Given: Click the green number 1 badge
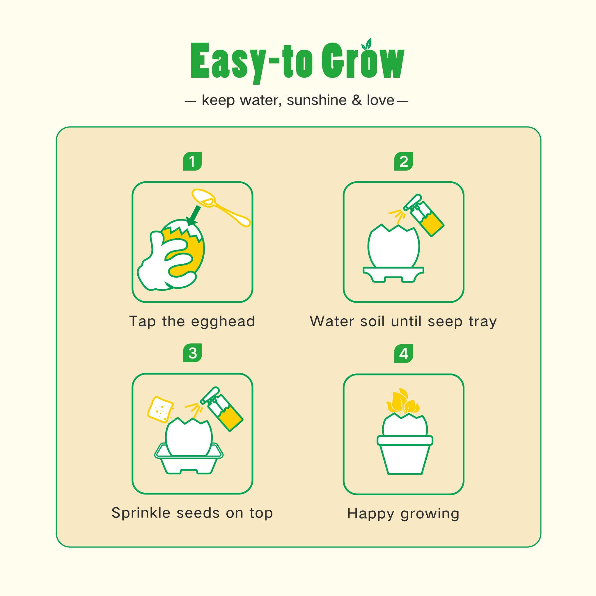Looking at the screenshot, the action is [x=192, y=161].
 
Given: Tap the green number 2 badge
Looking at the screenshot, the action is [x=404, y=161].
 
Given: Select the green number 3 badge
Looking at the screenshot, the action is [x=192, y=353].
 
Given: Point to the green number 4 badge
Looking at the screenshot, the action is [x=404, y=353].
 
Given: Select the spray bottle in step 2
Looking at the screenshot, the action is [x=423, y=215].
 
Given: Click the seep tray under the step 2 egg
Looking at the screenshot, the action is [x=393, y=274].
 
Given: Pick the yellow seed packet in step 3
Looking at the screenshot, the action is [x=160, y=409].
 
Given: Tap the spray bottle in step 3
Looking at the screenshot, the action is [x=221, y=409].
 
